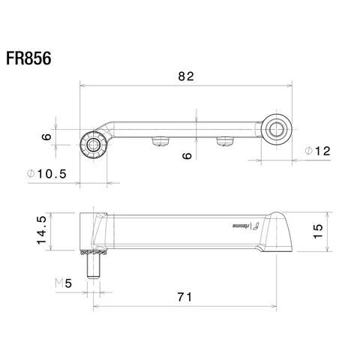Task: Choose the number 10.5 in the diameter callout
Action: tap(53, 173)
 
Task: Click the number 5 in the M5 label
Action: tap(69, 283)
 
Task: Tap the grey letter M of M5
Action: tap(59, 283)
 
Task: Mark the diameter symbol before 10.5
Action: tap(31, 173)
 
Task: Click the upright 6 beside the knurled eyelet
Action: tap(46, 136)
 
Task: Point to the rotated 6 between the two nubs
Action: tap(187, 155)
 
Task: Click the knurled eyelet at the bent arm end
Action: tap(93, 144)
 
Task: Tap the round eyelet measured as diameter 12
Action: tap(275, 130)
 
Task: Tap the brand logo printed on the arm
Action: tap(243, 224)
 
